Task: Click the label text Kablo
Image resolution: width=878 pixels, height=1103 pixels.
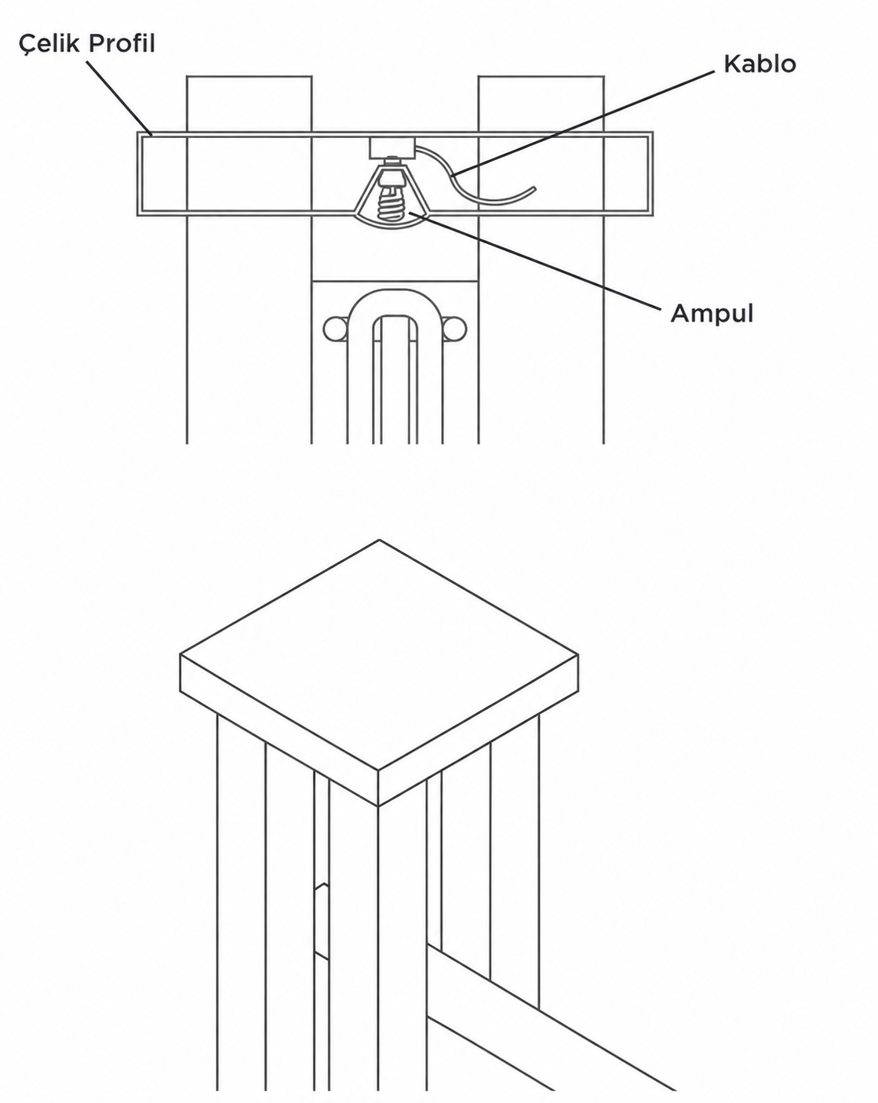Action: coord(760,64)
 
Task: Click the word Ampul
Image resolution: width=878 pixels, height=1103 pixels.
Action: coord(712,313)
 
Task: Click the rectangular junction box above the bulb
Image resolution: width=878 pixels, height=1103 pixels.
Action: coord(392,147)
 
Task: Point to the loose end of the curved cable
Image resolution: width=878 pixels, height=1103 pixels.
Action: coord(534,188)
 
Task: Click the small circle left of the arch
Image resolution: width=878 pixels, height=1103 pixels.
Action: coord(335,329)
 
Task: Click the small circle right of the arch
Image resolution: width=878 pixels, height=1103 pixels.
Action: coord(454,329)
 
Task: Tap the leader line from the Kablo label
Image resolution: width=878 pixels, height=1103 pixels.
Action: coord(582,124)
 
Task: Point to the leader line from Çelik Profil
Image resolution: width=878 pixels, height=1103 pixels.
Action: coord(118,98)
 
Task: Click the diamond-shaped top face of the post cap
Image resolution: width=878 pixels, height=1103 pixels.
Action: coord(379,655)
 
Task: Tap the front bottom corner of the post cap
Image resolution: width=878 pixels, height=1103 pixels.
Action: coord(378,806)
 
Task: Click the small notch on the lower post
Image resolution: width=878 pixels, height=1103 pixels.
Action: coord(322,920)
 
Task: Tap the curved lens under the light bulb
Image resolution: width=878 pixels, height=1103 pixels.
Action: coord(392,220)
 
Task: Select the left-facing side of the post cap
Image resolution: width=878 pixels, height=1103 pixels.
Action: coord(279,730)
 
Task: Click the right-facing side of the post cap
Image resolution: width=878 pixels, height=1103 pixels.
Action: coord(479,730)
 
